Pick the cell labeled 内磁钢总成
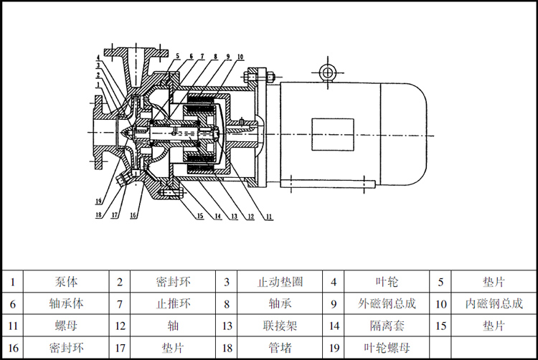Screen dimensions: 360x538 click(494, 303)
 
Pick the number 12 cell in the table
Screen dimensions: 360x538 click(120, 326)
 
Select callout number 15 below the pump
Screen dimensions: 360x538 click(200, 216)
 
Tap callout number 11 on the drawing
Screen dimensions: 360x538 click(268, 216)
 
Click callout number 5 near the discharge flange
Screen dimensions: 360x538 click(176, 56)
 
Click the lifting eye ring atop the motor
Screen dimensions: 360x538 click(328, 72)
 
